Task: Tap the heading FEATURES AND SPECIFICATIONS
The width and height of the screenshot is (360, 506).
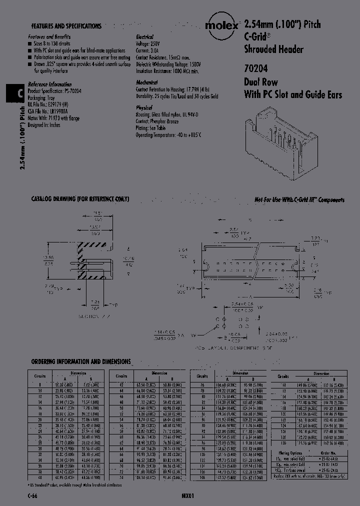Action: click(x=66, y=26)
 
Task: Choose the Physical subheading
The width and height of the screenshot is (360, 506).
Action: click(x=144, y=107)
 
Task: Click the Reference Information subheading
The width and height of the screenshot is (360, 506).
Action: click(x=49, y=84)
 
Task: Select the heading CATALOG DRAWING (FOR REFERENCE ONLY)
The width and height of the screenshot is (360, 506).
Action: click(x=80, y=199)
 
